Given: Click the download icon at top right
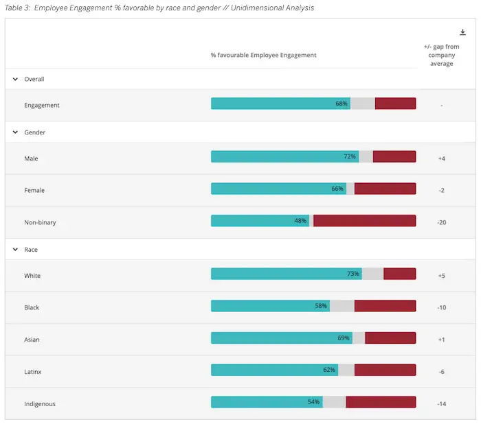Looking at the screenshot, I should click(462, 32).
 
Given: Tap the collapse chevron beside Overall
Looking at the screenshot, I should click(15, 79).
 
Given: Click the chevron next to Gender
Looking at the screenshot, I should click(15, 132).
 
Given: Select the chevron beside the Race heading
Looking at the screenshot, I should click(15, 250).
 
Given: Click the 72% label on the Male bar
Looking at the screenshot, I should click(350, 157).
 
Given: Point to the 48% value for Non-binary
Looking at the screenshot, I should click(300, 221).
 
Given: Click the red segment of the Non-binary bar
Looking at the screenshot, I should click(364, 221).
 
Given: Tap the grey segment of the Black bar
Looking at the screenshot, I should click(342, 306).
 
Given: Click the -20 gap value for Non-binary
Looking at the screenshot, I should click(441, 222).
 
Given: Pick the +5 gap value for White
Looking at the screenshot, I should click(441, 276).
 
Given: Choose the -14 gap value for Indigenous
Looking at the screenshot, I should click(441, 404).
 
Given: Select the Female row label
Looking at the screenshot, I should click(34, 190).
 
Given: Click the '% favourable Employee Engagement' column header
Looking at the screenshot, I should click(263, 55).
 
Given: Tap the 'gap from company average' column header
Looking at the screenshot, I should click(441, 55).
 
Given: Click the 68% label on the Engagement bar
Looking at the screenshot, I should click(342, 104).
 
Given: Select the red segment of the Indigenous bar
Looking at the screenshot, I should click(381, 402).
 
